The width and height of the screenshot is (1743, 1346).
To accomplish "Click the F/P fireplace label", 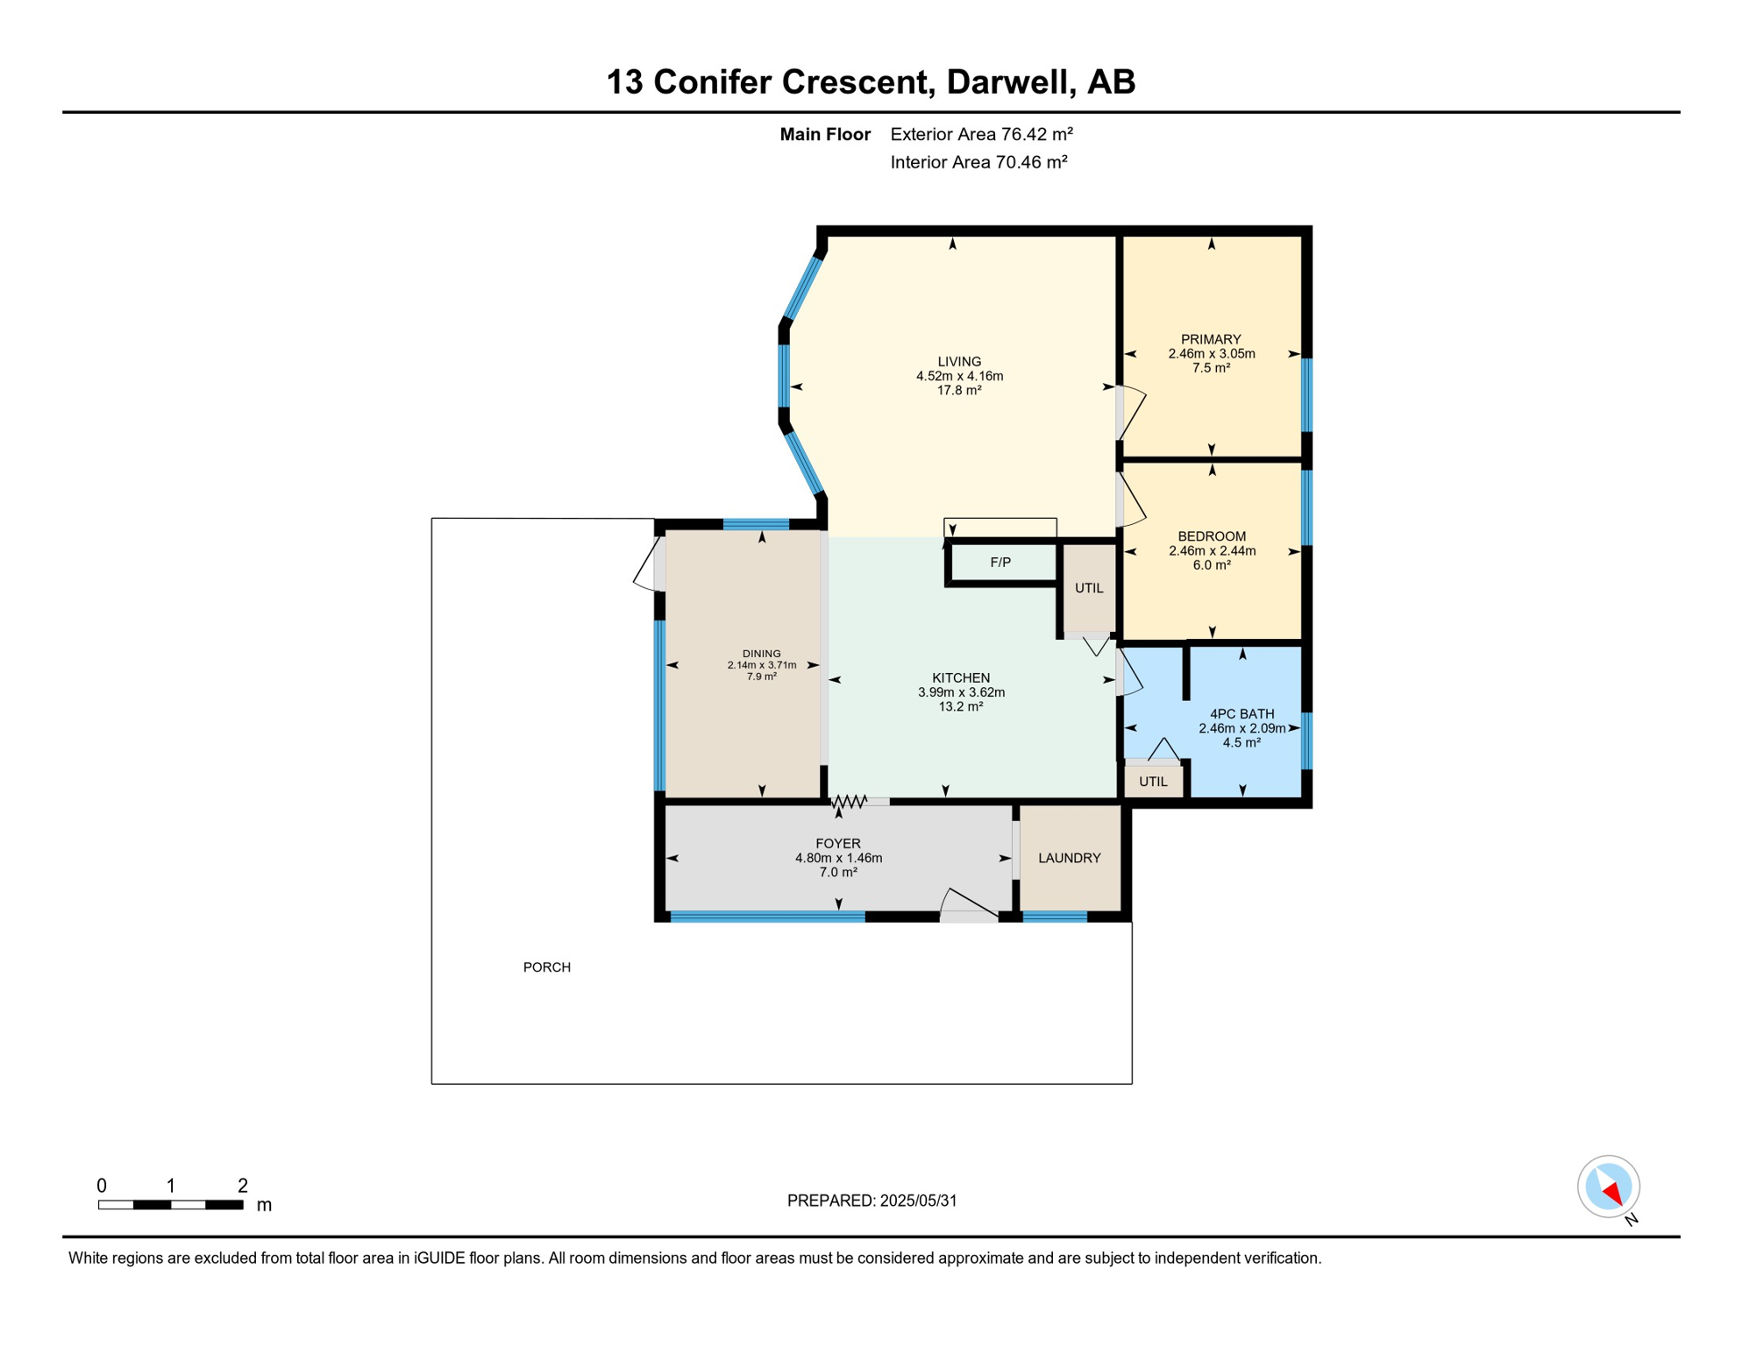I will (x=1000, y=563).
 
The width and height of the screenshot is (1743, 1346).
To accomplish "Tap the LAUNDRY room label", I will (x=1070, y=858).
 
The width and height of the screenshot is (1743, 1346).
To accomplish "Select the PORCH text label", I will (x=547, y=967).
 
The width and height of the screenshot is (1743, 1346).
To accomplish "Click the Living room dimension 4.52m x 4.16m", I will (x=959, y=376).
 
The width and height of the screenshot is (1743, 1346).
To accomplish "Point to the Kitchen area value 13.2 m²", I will (x=961, y=706).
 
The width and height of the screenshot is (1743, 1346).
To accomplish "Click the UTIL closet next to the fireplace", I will (x=1089, y=588).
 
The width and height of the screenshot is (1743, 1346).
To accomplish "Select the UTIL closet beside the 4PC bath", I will (x=1153, y=782).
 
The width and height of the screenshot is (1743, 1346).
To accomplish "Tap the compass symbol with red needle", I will (x=1609, y=1187).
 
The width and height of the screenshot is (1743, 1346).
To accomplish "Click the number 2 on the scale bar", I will (x=243, y=1186).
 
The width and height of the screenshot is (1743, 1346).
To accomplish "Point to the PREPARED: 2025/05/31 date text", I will (x=871, y=1201).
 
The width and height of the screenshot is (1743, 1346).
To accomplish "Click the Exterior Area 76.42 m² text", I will (x=981, y=134).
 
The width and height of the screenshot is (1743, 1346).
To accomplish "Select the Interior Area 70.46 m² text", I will (x=978, y=162).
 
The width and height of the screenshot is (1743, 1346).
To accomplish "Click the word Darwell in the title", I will (x=1010, y=81).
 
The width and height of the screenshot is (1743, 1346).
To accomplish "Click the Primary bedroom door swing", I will (x=1133, y=412).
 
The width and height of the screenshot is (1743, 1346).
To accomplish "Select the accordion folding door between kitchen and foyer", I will (x=849, y=801).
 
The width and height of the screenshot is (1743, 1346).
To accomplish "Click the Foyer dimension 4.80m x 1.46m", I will (x=838, y=858).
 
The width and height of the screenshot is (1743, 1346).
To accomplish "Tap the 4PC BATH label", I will (x=1241, y=714).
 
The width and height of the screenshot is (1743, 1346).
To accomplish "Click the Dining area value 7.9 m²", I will (x=761, y=677).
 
